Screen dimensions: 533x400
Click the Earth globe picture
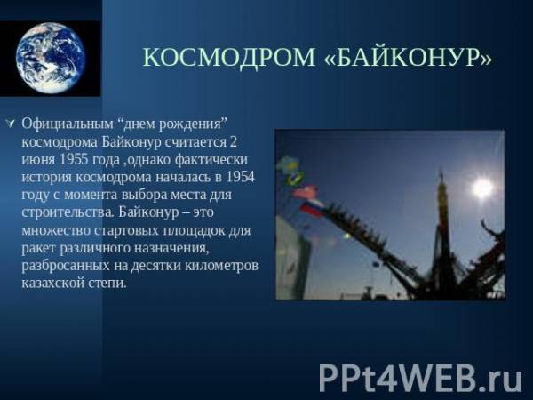(51, 58)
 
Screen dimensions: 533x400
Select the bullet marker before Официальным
(12, 124)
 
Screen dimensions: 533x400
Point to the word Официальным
(68, 124)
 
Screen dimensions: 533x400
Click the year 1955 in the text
(74, 159)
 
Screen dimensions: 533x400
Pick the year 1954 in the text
(240, 177)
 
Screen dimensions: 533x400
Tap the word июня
(38, 160)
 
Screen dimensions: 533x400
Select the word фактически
(211, 160)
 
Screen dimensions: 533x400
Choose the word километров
(221, 265)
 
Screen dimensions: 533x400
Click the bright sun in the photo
(482, 188)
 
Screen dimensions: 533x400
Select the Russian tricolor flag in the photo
(312, 207)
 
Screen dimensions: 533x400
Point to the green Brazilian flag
(294, 179)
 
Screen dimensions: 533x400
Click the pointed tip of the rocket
(442, 172)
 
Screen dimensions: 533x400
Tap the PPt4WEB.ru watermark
(420, 378)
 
